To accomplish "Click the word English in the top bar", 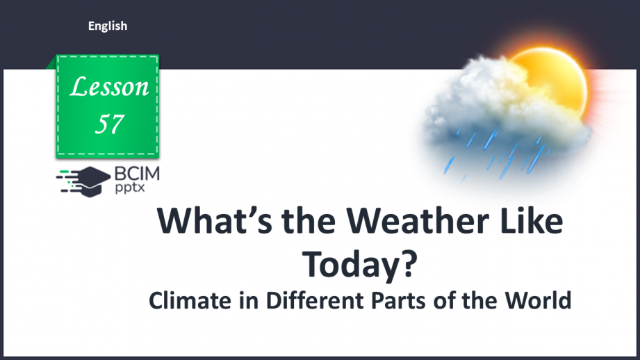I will tap(108, 26).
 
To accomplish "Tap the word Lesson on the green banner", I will tap(110, 87).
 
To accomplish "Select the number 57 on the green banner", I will tap(110, 123).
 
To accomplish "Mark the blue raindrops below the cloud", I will tap(486, 156).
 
